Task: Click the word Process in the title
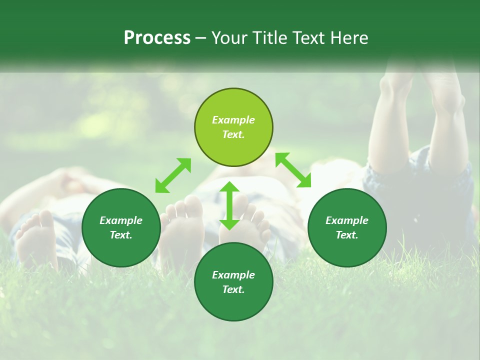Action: (x=157, y=38)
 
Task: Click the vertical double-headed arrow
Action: (x=229, y=205)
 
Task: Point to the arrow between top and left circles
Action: (x=173, y=175)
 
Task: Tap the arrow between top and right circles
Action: (x=293, y=170)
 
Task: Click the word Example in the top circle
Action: (x=233, y=120)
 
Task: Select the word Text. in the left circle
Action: (x=121, y=235)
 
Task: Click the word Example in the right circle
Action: (x=347, y=220)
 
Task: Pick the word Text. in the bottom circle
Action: (x=233, y=289)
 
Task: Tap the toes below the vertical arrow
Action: (x=250, y=220)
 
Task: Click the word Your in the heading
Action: (x=229, y=38)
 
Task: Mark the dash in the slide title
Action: (x=201, y=38)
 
